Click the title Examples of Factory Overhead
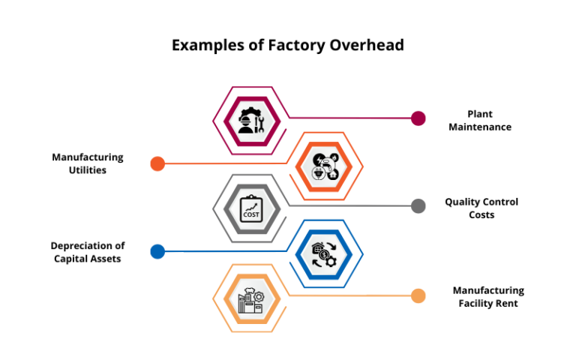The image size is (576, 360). (x=288, y=45)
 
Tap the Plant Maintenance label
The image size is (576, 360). (x=480, y=121)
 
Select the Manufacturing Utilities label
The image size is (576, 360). (x=88, y=163)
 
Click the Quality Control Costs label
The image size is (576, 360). (x=481, y=208)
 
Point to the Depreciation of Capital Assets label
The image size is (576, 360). (x=88, y=252)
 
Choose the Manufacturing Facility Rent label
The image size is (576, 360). (x=488, y=297)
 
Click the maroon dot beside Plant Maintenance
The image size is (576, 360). (x=418, y=118)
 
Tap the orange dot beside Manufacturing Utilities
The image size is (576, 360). (x=157, y=163)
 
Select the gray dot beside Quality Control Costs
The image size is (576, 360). (x=418, y=206)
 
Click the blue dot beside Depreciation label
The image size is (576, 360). (x=157, y=252)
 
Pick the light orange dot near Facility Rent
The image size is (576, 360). (x=418, y=296)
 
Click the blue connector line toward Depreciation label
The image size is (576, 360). (x=225, y=251)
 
